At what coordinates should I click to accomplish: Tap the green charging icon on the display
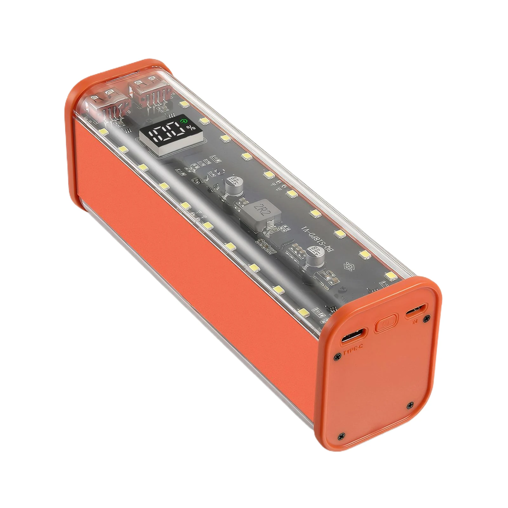click(x=183, y=121)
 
